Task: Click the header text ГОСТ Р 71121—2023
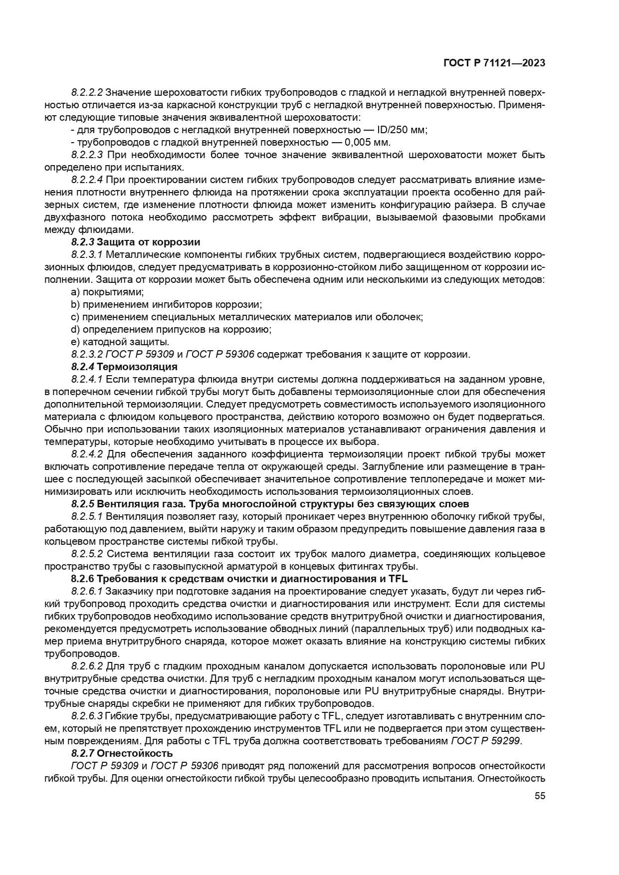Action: [494, 63]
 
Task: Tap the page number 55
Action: [540, 796]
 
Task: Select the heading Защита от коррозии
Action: [148, 242]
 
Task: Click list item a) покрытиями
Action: [107, 292]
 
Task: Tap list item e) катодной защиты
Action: [120, 342]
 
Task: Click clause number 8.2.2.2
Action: [87, 92]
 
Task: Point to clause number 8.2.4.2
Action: [87, 454]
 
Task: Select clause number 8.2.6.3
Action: [87, 716]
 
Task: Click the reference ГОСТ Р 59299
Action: [486, 741]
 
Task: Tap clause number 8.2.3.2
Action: [87, 354]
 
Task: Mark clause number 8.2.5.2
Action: [87, 554]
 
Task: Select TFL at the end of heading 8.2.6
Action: [398, 579]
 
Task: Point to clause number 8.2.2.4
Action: [87, 180]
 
